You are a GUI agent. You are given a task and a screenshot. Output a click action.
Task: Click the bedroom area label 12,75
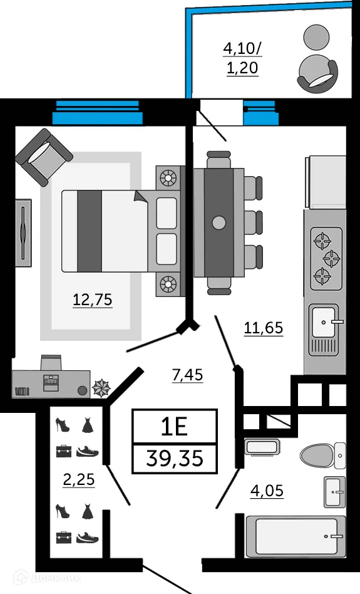pos(92,300)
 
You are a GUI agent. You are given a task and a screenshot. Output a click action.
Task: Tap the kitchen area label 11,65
pos(264,327)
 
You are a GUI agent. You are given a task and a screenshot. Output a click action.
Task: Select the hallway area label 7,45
pos(187,375)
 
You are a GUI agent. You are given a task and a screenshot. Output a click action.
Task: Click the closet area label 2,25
pos(79,480)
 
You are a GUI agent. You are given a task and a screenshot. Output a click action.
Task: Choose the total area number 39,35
pos(175,459)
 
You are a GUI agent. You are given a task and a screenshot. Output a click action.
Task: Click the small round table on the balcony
pos(314,35)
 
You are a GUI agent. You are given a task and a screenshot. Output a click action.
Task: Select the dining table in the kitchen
pos(219,222)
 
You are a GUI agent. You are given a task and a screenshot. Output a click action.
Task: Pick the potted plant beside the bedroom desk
pos(100,388)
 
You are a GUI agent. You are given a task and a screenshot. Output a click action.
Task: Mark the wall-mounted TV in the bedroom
pos(23,232)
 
